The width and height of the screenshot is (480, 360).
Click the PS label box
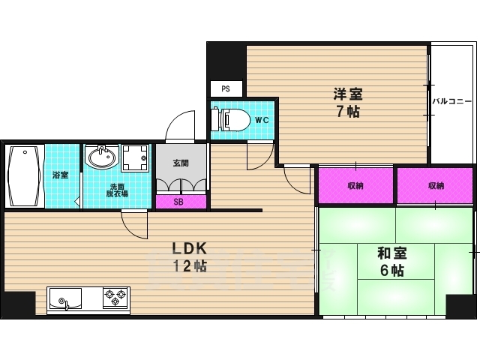point(226,88)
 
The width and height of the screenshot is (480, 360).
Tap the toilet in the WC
point(229,119)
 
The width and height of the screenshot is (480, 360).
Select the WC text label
point(262,120)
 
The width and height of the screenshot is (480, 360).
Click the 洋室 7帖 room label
point(348,103)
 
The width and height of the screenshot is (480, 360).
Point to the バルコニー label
point(451,101)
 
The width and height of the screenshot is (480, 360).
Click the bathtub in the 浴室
point(25,175)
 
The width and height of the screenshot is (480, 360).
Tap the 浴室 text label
point(60,175)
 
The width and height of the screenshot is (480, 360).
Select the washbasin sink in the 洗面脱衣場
point(102,157)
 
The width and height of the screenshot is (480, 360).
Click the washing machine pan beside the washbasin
point(135,158)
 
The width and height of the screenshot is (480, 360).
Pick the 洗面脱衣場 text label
point(117,190)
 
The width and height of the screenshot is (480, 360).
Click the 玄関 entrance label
point(181,163)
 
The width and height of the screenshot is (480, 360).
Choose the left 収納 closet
point(355,185)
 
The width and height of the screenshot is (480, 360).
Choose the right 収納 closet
point(435,185)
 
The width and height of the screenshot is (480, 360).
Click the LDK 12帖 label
point(190,257)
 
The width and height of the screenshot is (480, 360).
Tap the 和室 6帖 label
point(392,262)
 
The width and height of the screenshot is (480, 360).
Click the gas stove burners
point(115,298)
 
